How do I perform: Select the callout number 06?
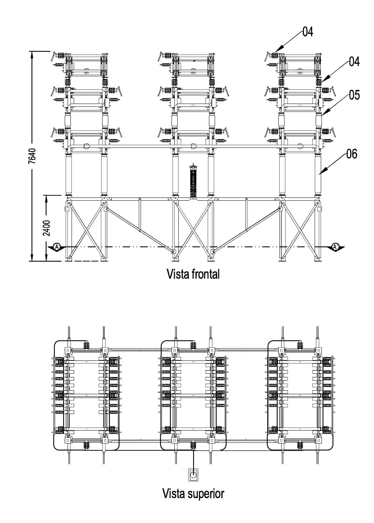(352, 154)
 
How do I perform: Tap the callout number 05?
(354, 95)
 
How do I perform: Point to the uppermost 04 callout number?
(307, 32)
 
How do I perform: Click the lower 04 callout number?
(354, 62)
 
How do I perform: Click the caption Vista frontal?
(193, 274)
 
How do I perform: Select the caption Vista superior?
(193, 493)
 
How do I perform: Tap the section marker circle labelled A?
(57, 247)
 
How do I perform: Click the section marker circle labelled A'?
(335, 247)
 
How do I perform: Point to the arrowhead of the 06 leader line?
(320, 174)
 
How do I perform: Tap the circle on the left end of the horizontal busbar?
(86, 146)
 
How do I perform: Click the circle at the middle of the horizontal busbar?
(193, 146)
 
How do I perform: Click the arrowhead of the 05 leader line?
(322, 115)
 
